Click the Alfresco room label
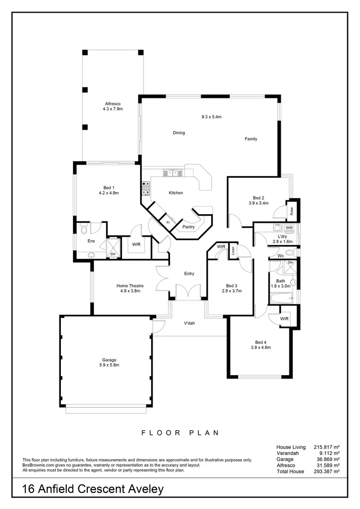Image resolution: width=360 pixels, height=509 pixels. [x=112, y=103]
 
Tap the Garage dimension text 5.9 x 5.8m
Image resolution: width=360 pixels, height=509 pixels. [x=109, y=365]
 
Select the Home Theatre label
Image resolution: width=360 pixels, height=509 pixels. [x=130, y=286]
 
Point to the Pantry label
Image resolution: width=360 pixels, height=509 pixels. [x=189, y=227]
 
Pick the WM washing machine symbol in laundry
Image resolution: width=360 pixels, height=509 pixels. [x=289, y=228]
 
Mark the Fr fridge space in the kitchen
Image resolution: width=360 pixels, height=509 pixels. [x=168, y=223]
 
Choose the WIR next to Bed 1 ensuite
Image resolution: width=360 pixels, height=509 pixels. [x=136, y=244]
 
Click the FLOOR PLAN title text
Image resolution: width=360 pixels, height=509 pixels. [x=180, y=433]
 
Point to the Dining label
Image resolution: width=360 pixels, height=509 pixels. [x=179, y=133]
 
